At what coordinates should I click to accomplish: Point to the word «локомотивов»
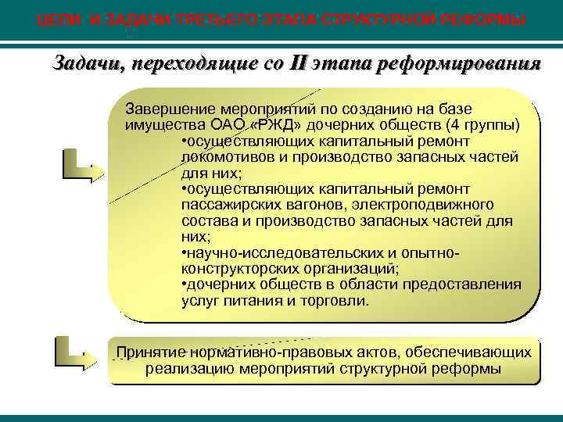225,157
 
